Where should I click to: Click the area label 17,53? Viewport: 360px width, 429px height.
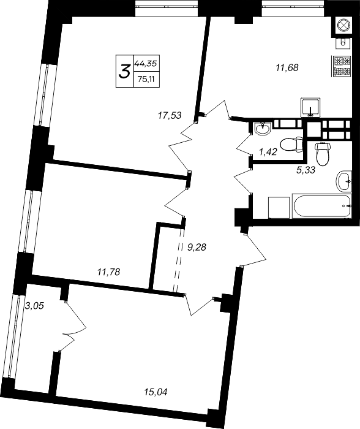tap(170, 115)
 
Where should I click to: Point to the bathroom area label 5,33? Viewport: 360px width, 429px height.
tap(306, 171)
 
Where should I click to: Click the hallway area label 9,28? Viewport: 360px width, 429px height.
tap(197, 247)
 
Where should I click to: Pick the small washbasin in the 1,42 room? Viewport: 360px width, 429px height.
tap(263, 129)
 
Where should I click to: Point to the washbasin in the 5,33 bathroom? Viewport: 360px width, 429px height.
tap(344, 181)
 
